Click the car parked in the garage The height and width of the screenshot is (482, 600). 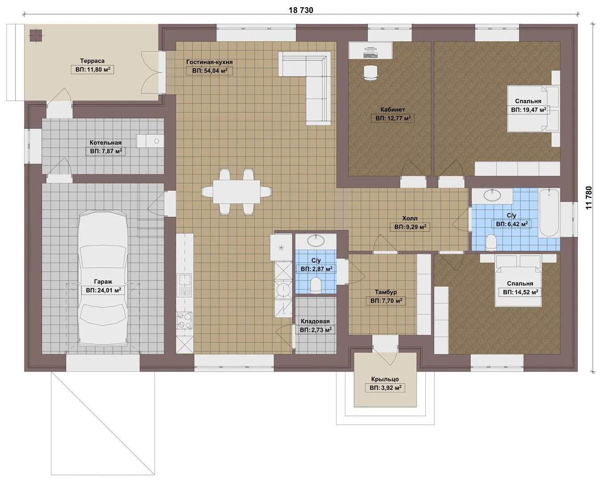tap(103, 278)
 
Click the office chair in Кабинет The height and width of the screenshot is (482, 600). tap(370, 73)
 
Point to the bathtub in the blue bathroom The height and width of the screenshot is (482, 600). tap(549, 212)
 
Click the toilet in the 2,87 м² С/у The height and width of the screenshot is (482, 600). tap(316, 285)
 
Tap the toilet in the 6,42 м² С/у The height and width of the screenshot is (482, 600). tap(491, 241)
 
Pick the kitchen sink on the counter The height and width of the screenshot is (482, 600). tap(185, 284)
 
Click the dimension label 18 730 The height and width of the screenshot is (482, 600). tap(301, 10)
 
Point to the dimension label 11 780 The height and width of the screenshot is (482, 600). tap(588, 198)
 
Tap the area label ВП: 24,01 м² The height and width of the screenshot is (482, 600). tap(104, 290)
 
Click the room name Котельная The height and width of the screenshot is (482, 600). tap(105, 143)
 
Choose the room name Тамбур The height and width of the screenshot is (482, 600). tap(386, 292)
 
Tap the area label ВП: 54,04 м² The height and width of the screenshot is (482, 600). tap(210, 71)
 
